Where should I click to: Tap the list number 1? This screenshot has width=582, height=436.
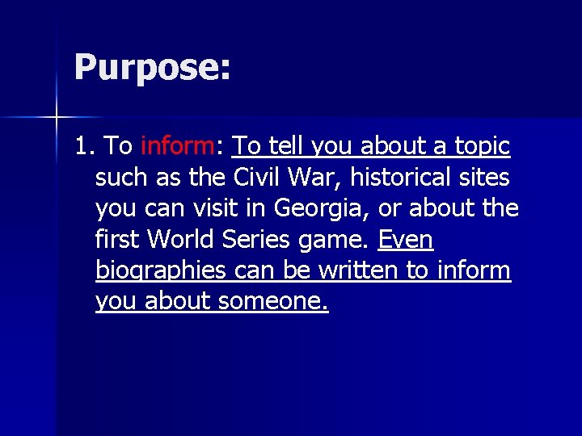pyautogui.click(x=83, y=146)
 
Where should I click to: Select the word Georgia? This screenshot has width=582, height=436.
pyautogui.click(x=321, y=208)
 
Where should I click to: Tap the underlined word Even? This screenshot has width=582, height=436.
pyautogui.click(x=405, y=239)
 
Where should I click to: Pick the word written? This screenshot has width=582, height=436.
pyautogui.click(x=359, y=270)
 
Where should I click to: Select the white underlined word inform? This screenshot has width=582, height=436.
pyautogui.click(x=473, y=270)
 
